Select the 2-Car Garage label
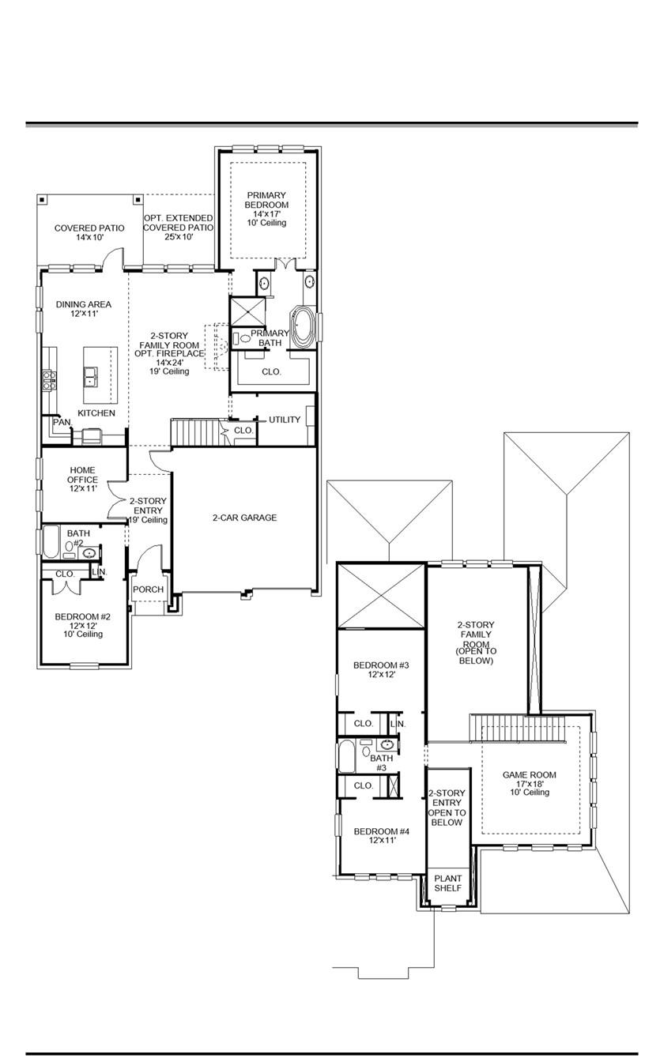(244, 518)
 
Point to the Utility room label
(285, 420)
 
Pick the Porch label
(148, 589)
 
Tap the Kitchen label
(96, 413)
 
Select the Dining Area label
(83, 309)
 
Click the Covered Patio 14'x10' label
(89, 232)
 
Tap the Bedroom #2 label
(82, 624)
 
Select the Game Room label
(530, 783)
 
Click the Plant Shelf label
(447, 883)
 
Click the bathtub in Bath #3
(347, 756)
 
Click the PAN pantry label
(62, 423)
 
